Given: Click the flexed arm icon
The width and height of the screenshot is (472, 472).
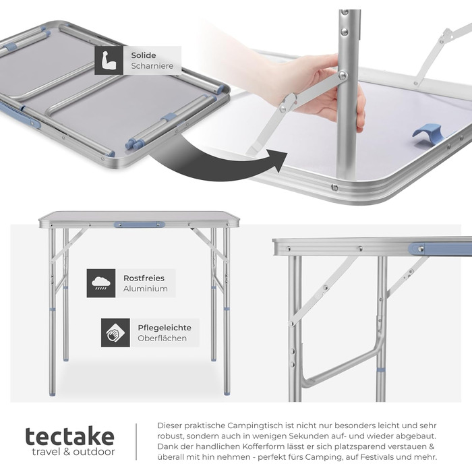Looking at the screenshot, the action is (109, 60).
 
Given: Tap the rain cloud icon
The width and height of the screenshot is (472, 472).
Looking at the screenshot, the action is (101, 283).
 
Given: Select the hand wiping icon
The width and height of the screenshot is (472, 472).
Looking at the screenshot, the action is (115, 332).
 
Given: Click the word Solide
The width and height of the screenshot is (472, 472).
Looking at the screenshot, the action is (143, 55).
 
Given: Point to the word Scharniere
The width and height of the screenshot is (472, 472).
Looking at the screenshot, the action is (152, 66).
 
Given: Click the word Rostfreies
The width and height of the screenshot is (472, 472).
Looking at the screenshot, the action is (144, 278).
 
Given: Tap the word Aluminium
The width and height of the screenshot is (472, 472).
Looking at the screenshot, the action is (146, 289).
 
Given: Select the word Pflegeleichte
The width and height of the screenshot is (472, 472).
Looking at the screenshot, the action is (165, 328).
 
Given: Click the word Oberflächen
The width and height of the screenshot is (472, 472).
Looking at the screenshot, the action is (163, 338).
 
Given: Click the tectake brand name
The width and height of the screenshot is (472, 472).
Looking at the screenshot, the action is (70, 436).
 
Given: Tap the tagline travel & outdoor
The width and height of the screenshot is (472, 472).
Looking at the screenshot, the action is (73, 452).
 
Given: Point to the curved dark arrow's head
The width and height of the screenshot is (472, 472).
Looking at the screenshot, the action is (278, 160).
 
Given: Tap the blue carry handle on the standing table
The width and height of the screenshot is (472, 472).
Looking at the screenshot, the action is (140, 225).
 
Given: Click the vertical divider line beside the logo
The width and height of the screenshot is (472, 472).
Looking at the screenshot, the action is (136, 442).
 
